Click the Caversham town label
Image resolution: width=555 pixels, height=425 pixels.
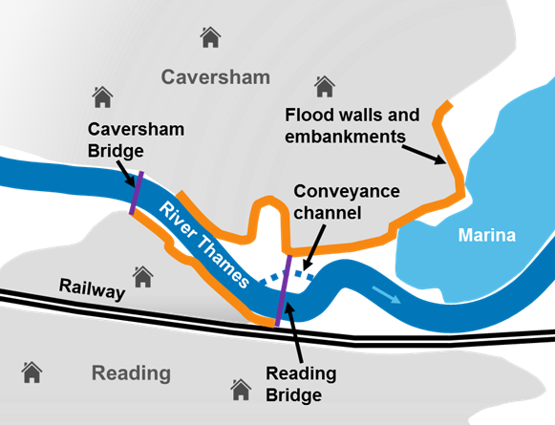pos(216,77)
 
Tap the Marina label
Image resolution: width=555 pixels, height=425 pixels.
pos(487,235)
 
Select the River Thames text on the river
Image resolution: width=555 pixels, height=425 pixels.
pos(204,244)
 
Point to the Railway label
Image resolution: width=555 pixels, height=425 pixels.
pos(92,289)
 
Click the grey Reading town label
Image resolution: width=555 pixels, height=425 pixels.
pos(131,373)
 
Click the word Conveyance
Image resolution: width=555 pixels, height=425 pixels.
pos(347,191)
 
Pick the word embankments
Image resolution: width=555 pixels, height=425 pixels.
pos(345,137)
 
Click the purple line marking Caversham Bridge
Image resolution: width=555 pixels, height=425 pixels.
pos(137,193)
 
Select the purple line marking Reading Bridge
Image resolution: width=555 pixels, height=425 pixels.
pos(284,290)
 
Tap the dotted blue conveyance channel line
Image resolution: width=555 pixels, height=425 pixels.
pos(287,276)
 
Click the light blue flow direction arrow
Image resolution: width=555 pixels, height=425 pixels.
pos(386,295)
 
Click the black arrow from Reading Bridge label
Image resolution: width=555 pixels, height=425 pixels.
pos(294,332)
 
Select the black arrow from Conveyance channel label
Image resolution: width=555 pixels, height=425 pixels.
pos(313,247)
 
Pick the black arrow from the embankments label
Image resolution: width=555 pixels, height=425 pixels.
pos(424,155)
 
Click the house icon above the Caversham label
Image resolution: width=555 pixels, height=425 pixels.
pos(210,37)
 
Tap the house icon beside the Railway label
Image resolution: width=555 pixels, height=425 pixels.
pos(142,277)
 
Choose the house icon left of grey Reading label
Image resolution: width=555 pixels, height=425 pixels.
pos(32,372)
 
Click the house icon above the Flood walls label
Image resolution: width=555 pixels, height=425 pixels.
pos(325,86)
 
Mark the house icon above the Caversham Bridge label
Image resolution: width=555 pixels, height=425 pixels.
pos(102,97)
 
